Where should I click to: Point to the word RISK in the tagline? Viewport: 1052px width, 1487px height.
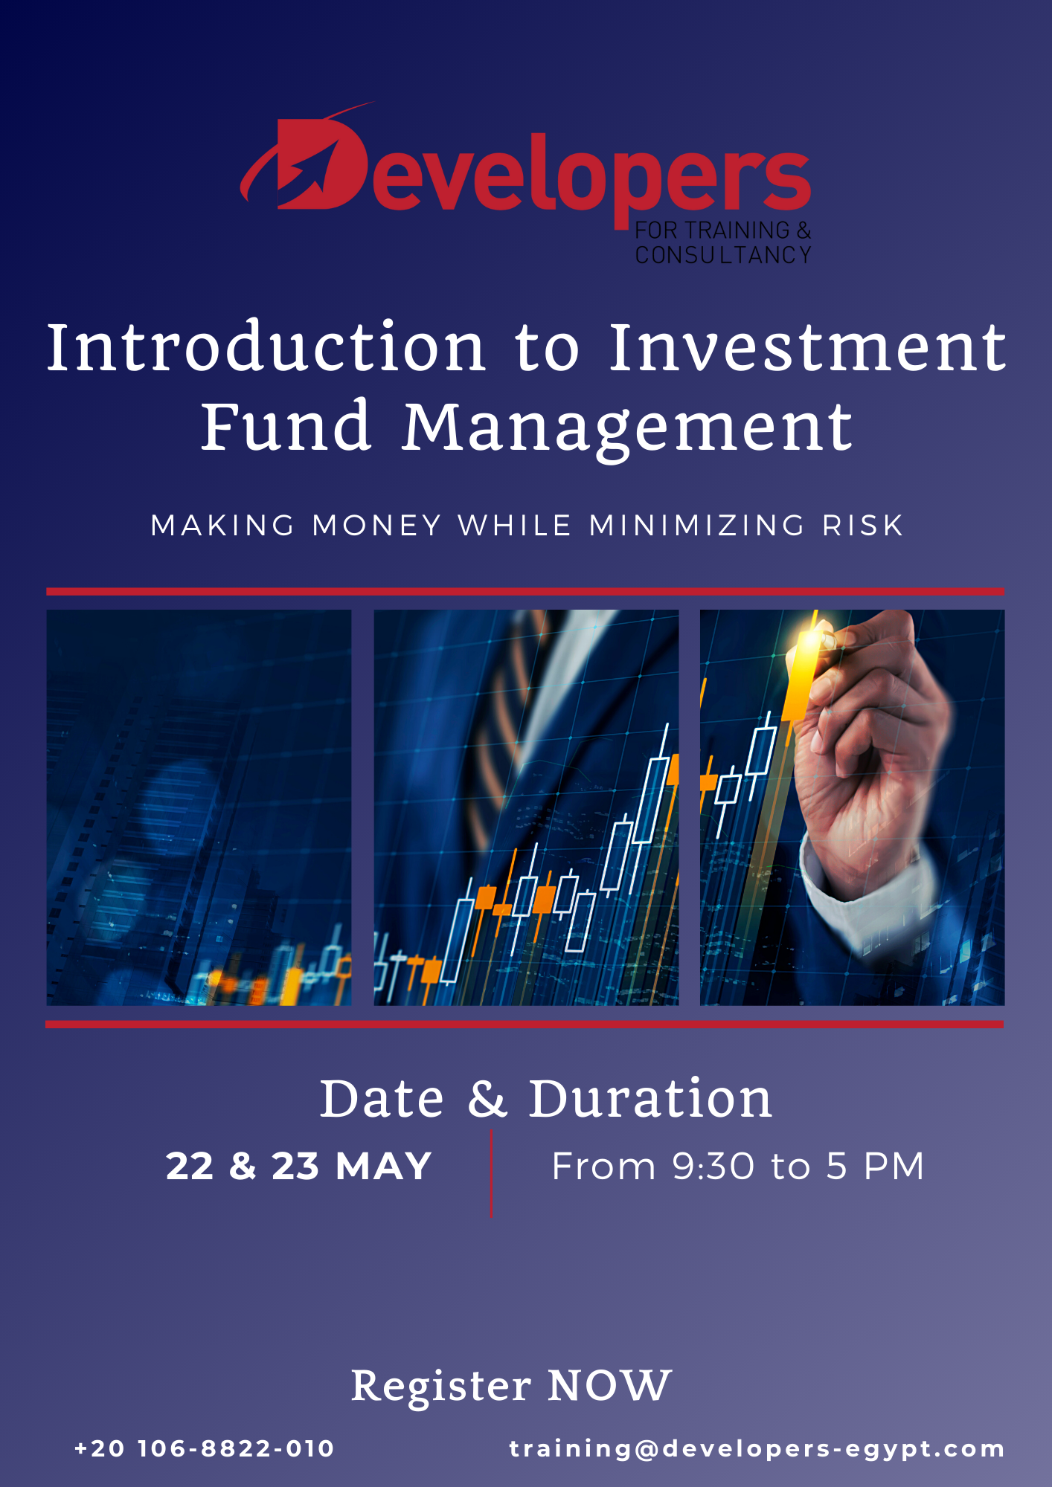pyautogui.click(x=862, y=526)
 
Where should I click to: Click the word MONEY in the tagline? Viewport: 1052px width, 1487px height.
pyautogui.click(x=377, y=526)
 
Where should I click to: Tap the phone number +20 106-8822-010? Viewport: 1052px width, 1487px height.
pyautogui.click(x=205, y=1448)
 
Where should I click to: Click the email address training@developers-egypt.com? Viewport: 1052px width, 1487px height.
pyautogui.click(x=757, y=1449)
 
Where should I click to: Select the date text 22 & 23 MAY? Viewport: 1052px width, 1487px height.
pyautogui.click(x=298, y=1166)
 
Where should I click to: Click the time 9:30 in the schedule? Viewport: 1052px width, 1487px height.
pyautogui.click(x=713, y=1166)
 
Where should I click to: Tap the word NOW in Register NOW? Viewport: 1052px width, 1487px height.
pyautogui.click(x=610, y=1386)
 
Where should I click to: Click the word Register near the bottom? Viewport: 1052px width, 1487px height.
pyautogui.click(x=441, y=1387)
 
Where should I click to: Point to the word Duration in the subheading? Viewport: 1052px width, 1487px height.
pyautogui.click(x=650, y=1098)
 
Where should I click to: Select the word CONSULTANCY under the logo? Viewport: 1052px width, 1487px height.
pyautogui.click(x=723, y=255)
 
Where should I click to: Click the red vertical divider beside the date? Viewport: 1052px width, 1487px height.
pyautogui.click(x=491, y=1173)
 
